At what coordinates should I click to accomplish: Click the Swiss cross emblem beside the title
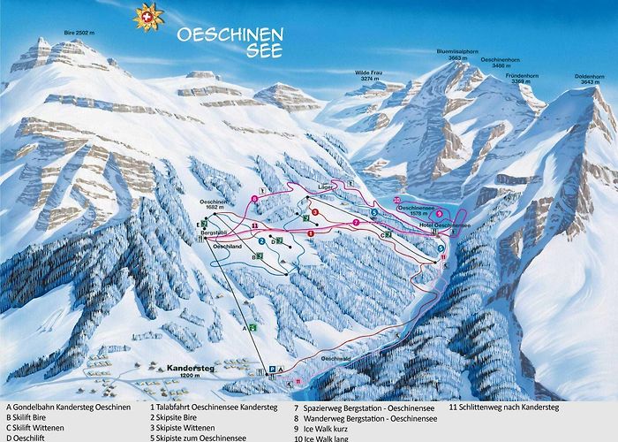tap(148, 17)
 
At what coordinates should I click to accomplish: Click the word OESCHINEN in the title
tap(230, 35)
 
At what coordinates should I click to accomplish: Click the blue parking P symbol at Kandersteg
tap(274, 370)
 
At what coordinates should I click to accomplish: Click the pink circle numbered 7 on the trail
tap(355, 222)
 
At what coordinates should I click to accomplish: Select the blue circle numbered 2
tap(262, 240)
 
